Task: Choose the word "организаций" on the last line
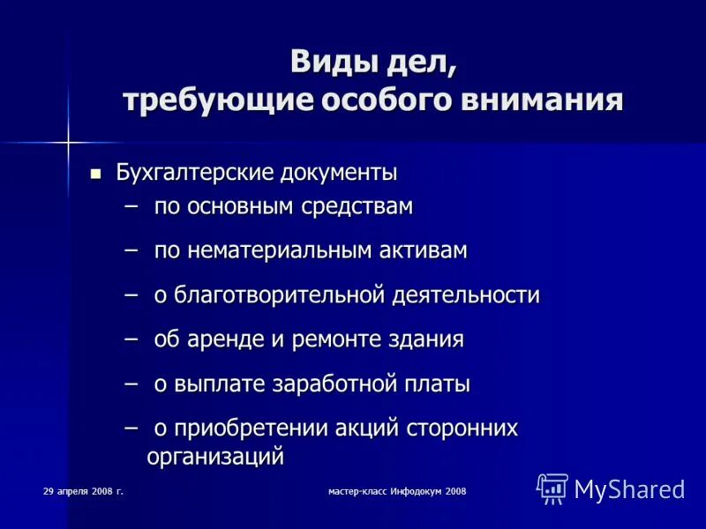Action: (x=215, y=457)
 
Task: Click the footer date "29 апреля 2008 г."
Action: (x=82, y=489)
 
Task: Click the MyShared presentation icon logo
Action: (x=552, y=488)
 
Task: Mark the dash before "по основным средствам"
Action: (x=131, y=206)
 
